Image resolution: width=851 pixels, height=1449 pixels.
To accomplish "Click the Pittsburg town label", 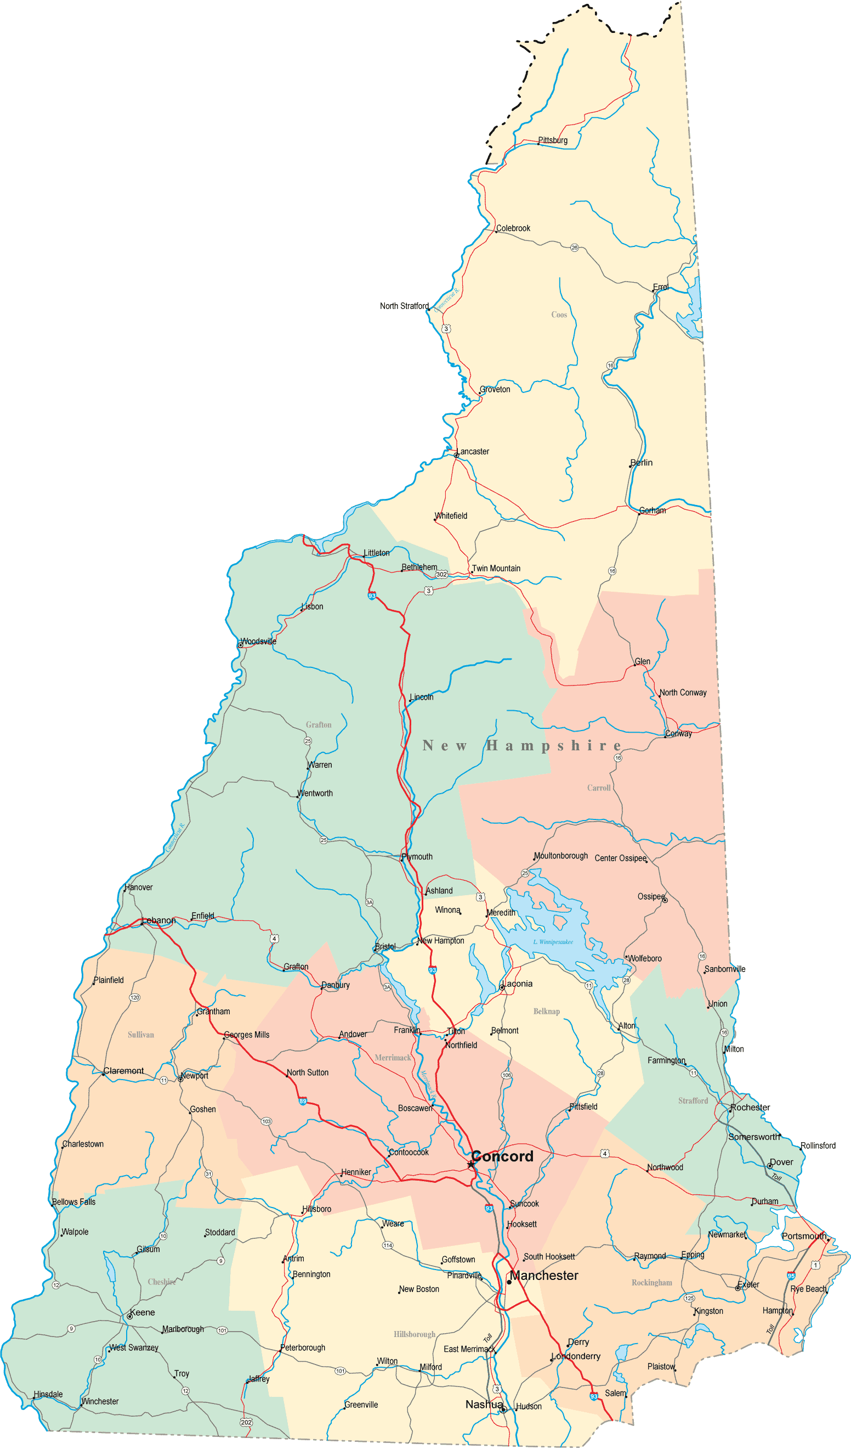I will click(552, 141).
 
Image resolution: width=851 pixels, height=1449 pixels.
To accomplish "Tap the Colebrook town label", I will click(513, 228).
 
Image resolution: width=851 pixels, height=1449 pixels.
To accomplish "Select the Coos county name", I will click(559, 314).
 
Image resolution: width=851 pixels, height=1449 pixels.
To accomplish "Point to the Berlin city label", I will click(642, 463).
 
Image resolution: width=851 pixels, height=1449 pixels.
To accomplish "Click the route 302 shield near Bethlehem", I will click(441, 574).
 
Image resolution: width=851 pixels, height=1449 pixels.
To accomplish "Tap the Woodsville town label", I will click(258, 641).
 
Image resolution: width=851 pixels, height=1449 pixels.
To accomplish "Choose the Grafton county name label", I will click(319, 724).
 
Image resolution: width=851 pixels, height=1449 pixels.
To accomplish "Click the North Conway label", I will click(683, 692).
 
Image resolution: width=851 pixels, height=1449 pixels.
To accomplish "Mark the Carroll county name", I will click(598, 788).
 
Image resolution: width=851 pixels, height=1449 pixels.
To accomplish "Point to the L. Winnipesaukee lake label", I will click(553, 942).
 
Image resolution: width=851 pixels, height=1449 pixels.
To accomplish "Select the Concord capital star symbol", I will click(471, 1164).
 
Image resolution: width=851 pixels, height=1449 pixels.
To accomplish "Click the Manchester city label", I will click(543, 1276).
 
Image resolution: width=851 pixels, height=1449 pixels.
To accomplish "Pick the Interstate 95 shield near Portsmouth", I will click(791, 1276).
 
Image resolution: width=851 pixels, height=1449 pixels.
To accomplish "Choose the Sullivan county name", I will click(141, 1035).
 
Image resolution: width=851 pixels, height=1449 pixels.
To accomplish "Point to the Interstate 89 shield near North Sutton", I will click(302, 1101).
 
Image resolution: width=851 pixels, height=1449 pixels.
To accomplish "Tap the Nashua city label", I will click(484, 1404).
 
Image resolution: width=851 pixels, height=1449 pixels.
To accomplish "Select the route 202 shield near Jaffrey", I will click(246, 1422).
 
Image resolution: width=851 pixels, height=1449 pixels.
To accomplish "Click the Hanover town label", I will click(139, 887).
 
